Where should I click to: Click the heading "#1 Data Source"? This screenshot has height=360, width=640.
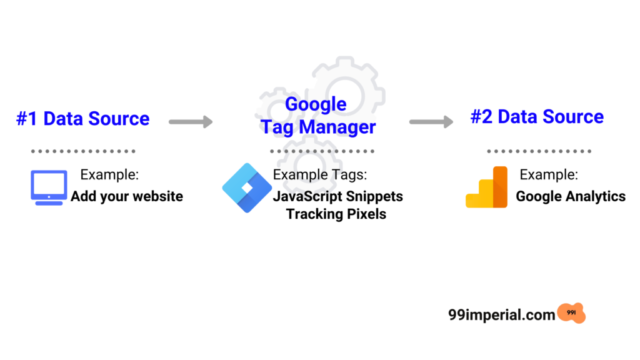(83, 119)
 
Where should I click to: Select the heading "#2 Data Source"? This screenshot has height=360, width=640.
(537, 117)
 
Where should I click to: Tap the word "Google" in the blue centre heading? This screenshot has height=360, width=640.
(316, 104)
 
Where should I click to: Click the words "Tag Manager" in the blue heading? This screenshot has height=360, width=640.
(318, 127)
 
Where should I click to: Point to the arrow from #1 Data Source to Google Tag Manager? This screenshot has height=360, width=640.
(191, 122)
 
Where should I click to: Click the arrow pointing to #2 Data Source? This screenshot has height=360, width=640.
(431, 122)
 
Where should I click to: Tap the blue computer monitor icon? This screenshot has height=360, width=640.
(49, 187)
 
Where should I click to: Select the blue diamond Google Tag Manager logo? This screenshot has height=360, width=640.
(247, 187)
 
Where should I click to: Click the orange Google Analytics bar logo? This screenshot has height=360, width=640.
(487, 187)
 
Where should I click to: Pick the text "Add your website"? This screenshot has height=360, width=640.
(127, 196)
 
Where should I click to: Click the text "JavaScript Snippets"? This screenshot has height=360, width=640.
(338, 196)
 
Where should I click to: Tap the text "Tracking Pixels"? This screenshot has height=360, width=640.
(336, 214)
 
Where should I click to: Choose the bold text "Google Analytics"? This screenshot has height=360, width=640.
(571, 196)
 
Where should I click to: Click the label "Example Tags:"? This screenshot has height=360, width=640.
(320, 175)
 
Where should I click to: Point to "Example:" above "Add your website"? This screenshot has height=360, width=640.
(109, 175)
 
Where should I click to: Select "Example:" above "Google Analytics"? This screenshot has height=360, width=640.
(549, 175)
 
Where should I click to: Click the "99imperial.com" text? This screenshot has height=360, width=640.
(502, 315)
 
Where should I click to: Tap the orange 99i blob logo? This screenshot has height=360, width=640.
(571, 313)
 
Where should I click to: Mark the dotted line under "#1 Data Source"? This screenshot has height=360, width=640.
(83, 151)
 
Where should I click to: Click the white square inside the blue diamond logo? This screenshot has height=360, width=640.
(247, 187)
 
